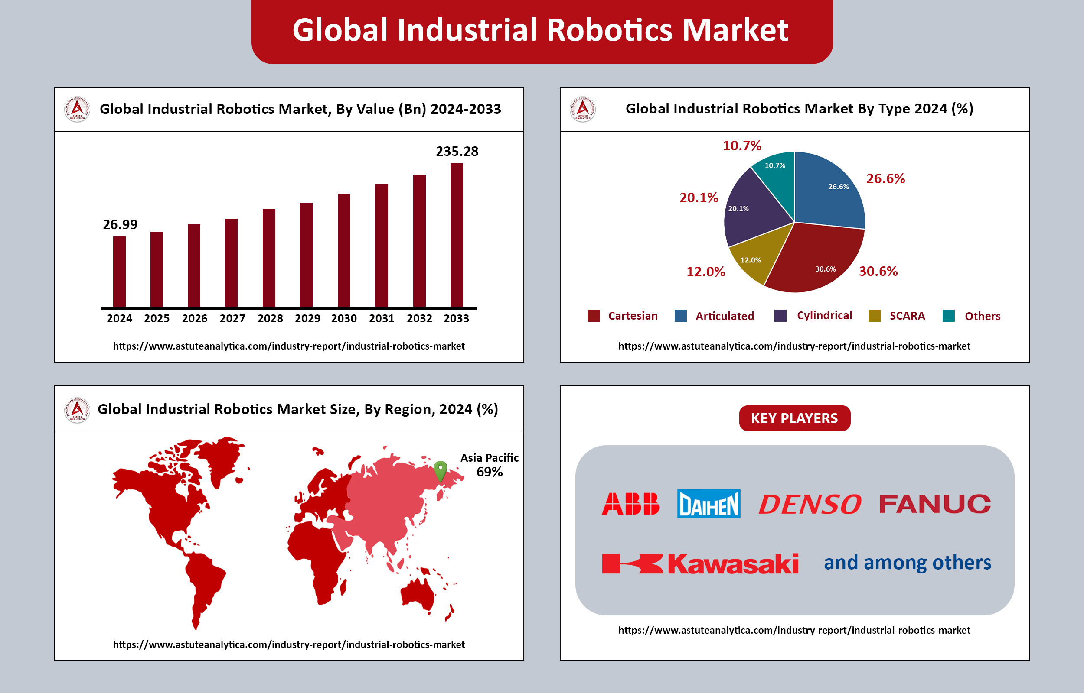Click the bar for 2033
pyautogui.click(x=456, y=235)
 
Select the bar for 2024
pyautogui.click(x=119, y=272)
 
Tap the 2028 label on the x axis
pyautogui.click(x=270, y=319)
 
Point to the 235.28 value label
pyautogui.click(x=457, y=151)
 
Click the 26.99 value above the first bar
pyautogui.click(x=120, y=224)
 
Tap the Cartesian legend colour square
pyautogui.click(x=594, y=316)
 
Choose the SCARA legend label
pyautogui.click(x=907, y=316)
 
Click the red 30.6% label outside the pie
pyautogui.click(x=878, y=271)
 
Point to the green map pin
pyautogui.click(x=440, y=471)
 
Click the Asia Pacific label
pyautogui.click(x=490, y=458)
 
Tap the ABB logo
pyautogui.click(x=630, y=504)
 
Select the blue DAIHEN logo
pyautogui.click(x=709, y=504)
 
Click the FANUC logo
pyautogui.click(x=935, y=504)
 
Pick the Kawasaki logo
pyautogui.click(x=700, y=564)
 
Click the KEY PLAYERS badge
pyautogui.click(x=794, y=418)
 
